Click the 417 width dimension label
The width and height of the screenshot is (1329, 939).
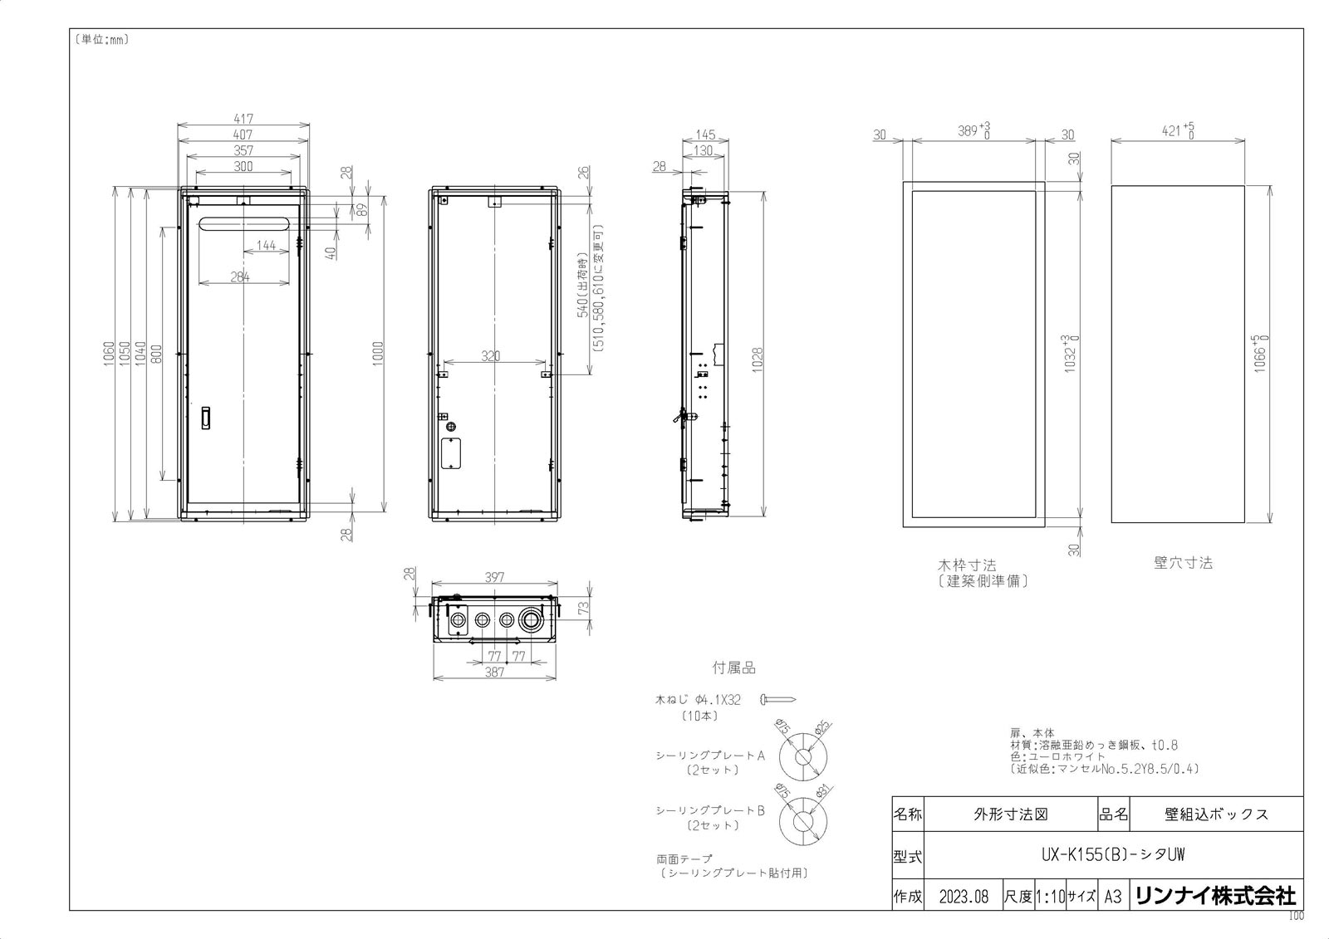[x=243, y=119]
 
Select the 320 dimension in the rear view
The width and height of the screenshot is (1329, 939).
[x=491, y=356]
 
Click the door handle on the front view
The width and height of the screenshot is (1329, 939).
[x=207, y=418]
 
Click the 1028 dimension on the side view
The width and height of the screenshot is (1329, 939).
[x=757, y=356]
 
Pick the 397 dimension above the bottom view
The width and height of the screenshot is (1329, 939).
[x=494, y=577]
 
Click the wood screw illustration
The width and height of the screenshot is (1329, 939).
[x=777, y=700]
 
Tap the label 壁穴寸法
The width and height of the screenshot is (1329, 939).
[x=1183, y=563]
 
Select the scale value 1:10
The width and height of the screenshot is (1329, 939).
[x=1050, y=897]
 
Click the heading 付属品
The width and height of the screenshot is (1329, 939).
[x=734, y=668]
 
